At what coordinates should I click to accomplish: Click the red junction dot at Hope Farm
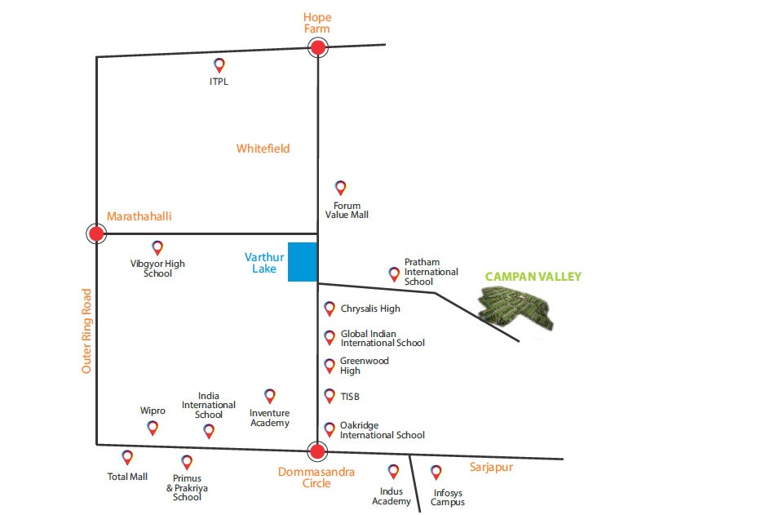pyautogui.click(x=318, y=47)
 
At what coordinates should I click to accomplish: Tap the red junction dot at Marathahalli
pyautogui.click(x=96, y=233)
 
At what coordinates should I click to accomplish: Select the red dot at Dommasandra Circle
pyautogui.click(x=317, y=451)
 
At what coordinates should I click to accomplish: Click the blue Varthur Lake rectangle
pyautogui.click(x=303, y=262)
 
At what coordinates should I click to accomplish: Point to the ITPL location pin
pyautogui.click(x=219, y=65)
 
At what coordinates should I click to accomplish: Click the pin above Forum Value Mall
pyautogui.click(x=341, y=188)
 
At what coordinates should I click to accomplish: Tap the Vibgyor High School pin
pyautogui.click(x=157, y=248)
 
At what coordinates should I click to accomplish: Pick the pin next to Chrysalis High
pyautogui.click(x=330, y=309)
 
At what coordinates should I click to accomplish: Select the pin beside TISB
pyautogui.click(x=330, y=396)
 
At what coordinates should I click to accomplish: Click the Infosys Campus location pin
pyautogui.click(x=436, y=472)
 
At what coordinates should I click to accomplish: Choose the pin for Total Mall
pyautogui.click(x=127, y=457)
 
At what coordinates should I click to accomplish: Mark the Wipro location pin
pyautogui.click(x=153, y=428)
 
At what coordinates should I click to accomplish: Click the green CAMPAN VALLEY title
pyautogui.click(x=533, y=277)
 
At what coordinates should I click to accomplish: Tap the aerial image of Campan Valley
pyautogui.click(x=515, y=308)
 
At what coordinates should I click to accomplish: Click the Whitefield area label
pyautogui.click(x=263, y=149)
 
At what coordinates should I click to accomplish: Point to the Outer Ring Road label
pyautogui.click(x=86, y=331)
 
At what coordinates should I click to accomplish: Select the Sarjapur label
pyautogui.click(x=491, y=468)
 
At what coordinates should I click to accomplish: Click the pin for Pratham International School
pyautogui.click(x=394, y=274)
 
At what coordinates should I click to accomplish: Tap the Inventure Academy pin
pyautogui.click(x=270, y=396)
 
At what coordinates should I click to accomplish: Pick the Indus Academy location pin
pyautogui.click(x=394, y=471)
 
